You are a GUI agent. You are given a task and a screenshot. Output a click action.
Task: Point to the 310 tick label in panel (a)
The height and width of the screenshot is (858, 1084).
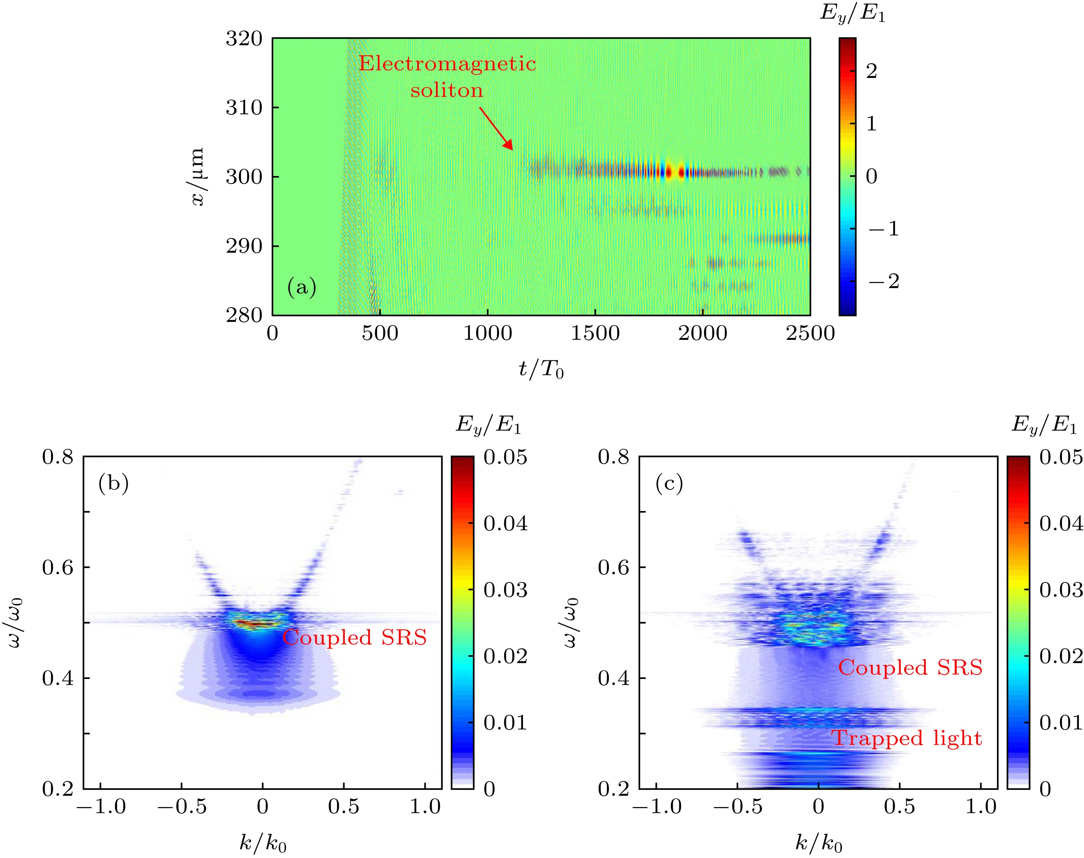[244, 108]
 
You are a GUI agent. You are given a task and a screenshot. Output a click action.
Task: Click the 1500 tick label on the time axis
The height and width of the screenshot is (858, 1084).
[595, 333]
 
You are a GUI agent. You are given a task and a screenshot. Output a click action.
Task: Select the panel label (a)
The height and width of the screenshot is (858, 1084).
[301, 288]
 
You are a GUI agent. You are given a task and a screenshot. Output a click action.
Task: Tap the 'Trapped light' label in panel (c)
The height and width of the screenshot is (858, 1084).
[907, 738]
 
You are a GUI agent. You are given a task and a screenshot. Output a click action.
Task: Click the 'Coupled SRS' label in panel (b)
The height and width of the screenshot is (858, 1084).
[354, 638]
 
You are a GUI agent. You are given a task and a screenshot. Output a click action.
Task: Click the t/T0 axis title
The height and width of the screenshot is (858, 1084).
[541, 370]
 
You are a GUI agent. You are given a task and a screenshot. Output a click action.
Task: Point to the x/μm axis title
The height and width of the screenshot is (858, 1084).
[197, 177]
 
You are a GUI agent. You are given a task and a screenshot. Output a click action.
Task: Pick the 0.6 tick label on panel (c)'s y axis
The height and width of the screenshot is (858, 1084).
[612, 568]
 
